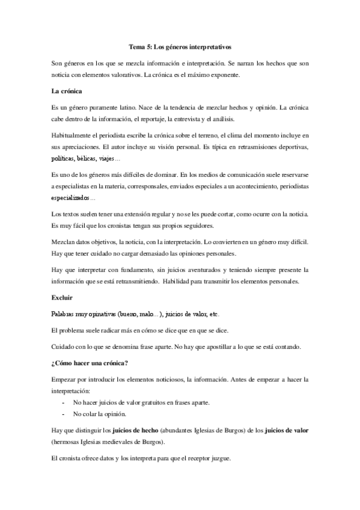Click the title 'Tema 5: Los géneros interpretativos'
180,46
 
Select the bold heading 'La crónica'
67,91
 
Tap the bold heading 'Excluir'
63,296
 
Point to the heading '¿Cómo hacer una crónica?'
90,363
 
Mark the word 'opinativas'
100,314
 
